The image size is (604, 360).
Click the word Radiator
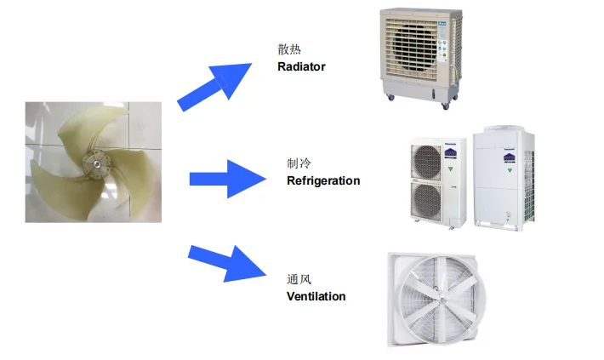pos(301,66)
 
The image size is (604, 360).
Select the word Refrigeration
pos(323,180)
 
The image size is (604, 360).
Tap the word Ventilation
pos(316,296)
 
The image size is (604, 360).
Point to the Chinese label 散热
pos(289,49)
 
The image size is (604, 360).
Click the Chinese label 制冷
pos(298,163)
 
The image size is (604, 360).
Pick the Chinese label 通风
pos(298,279)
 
